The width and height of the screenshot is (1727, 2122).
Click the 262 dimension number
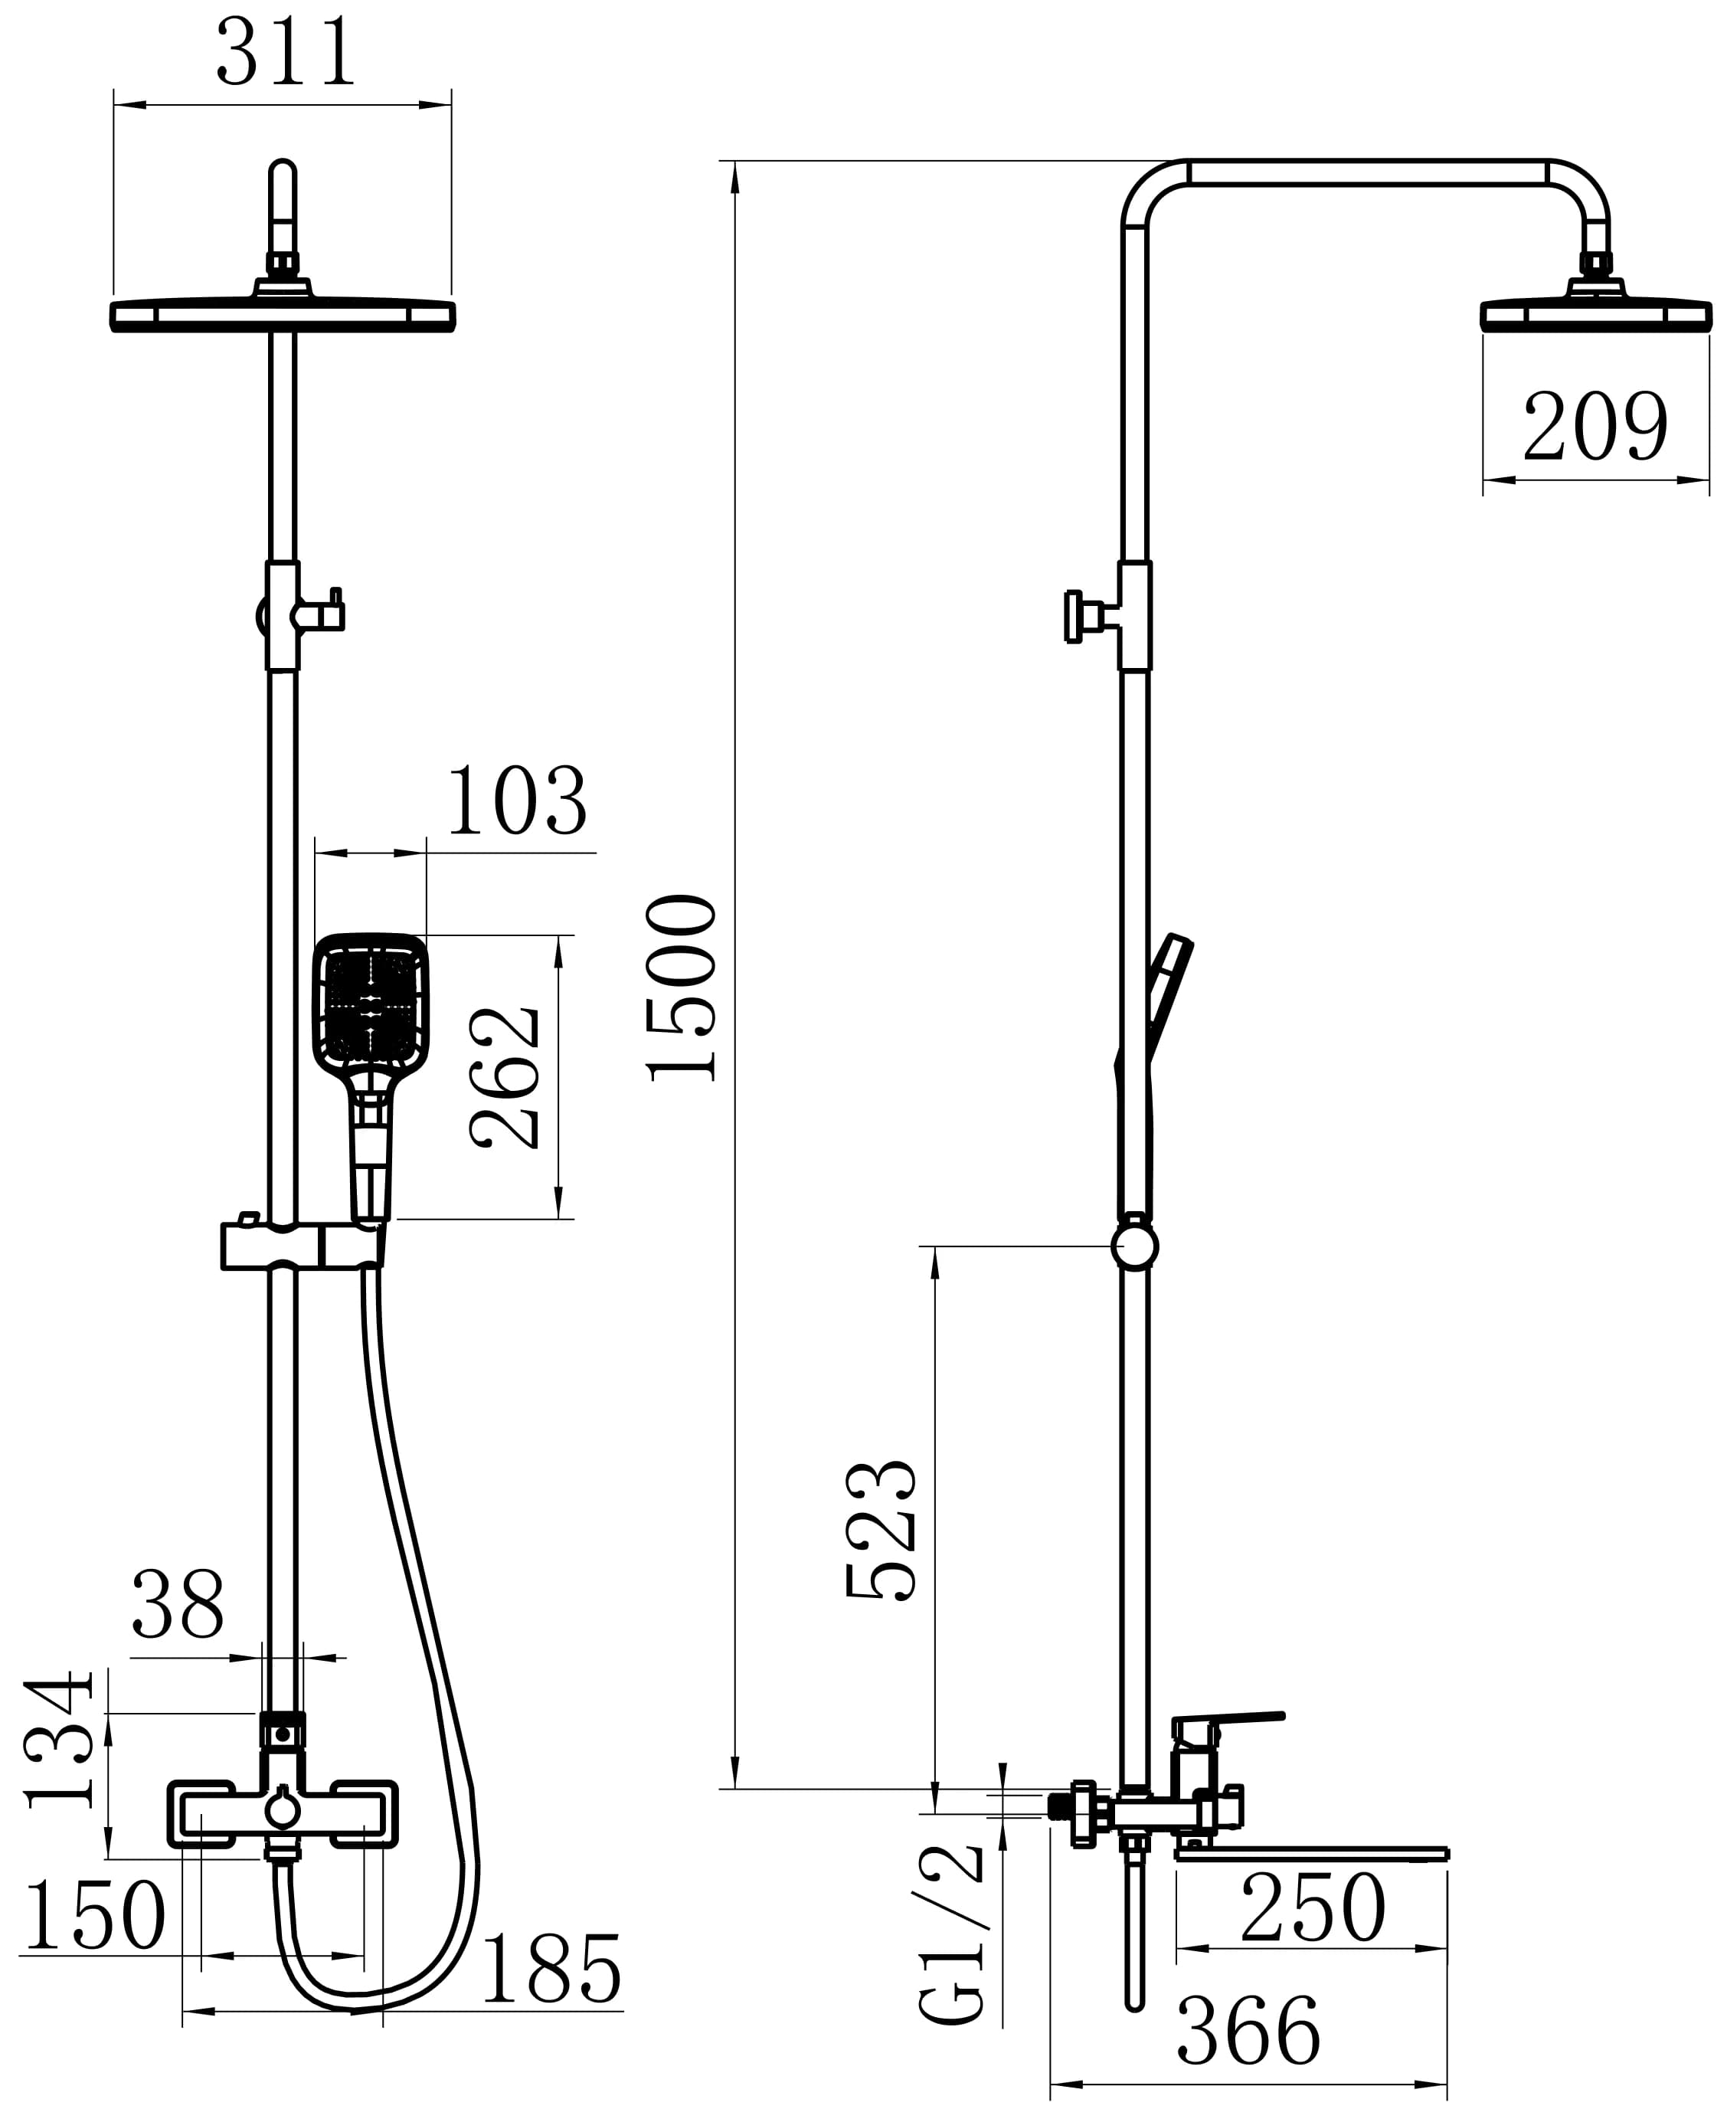505,1079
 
